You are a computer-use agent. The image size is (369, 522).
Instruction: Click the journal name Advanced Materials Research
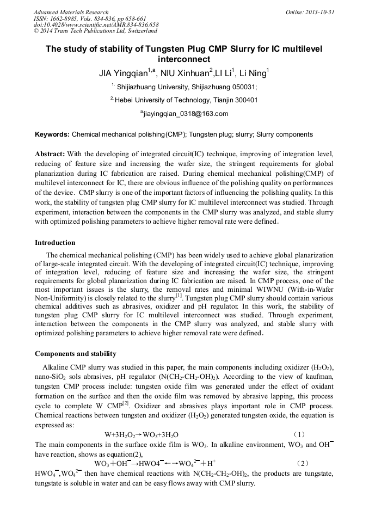(x=71, y=12)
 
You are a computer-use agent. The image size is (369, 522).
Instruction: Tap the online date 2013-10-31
(x=319, y=12)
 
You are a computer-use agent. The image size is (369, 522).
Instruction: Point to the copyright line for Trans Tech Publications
(x=95, y=31)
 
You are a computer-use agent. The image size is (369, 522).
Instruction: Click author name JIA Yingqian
(x=122, y=72)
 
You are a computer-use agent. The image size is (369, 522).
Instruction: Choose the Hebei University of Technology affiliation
(x=185, y=100)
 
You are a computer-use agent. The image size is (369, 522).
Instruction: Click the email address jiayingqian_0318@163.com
(x=184, y=114)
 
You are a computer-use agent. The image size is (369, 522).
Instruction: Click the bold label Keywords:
(x=52, y=134)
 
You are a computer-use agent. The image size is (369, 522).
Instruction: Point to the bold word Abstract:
(x=50, y=154)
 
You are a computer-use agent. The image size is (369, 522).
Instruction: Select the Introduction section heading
(x=55, y=243)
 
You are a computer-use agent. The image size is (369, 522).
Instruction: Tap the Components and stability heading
(x=75, y=354)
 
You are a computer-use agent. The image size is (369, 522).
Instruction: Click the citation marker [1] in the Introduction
(x=179, y=296)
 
